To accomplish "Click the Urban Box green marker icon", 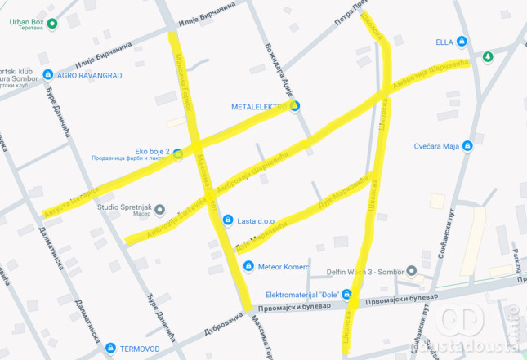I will click(53, 23).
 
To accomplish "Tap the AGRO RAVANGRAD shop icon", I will click(48, 74).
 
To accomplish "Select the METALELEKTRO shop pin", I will click(296, 106).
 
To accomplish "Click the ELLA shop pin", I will click(462, 41).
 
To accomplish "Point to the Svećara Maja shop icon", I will click(467, 146).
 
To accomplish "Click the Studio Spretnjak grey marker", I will click(160, 208).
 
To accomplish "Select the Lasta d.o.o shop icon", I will click(226, 220).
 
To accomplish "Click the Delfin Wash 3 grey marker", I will click(413, 270).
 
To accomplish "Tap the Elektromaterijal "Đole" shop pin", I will click(348, 295).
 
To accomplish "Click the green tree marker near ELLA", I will click(488, 56).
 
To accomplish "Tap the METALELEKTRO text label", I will click(260, 107).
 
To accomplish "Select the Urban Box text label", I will click(25, 22).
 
